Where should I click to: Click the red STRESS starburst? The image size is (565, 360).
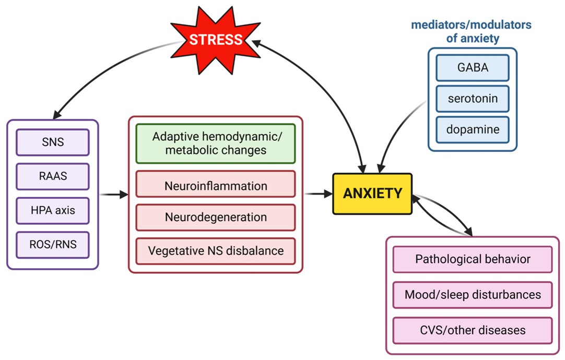coord(215,40)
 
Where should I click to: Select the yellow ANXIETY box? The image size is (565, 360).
coord(372,194)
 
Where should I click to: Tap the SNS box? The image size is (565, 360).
coord(53,142)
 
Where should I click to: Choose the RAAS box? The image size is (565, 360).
coord(53,176)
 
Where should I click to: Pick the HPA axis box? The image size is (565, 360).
coord(53,211)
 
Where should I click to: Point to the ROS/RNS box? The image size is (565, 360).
coord(53,245)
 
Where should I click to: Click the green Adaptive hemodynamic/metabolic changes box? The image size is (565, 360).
coord(216,143)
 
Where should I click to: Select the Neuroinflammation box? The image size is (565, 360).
coord(216,185)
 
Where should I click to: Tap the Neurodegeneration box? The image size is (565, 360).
coord(216,217)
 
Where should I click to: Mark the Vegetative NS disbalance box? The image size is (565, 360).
coord(216,251)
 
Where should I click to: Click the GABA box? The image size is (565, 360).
coord(472,68)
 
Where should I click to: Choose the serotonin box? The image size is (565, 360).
coord(472,99)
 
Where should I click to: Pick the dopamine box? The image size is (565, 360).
coord(472,129)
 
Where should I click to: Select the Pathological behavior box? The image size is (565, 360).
coord(472,259)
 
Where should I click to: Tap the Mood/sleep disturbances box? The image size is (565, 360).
coord(472,295)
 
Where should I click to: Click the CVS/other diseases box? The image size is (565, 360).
coord(472,330)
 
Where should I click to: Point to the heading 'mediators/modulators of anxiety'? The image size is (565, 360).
coord(472,31)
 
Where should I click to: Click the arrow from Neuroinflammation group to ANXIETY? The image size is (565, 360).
coord(319,194)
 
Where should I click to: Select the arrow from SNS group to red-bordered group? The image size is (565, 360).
coord(114,195)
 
